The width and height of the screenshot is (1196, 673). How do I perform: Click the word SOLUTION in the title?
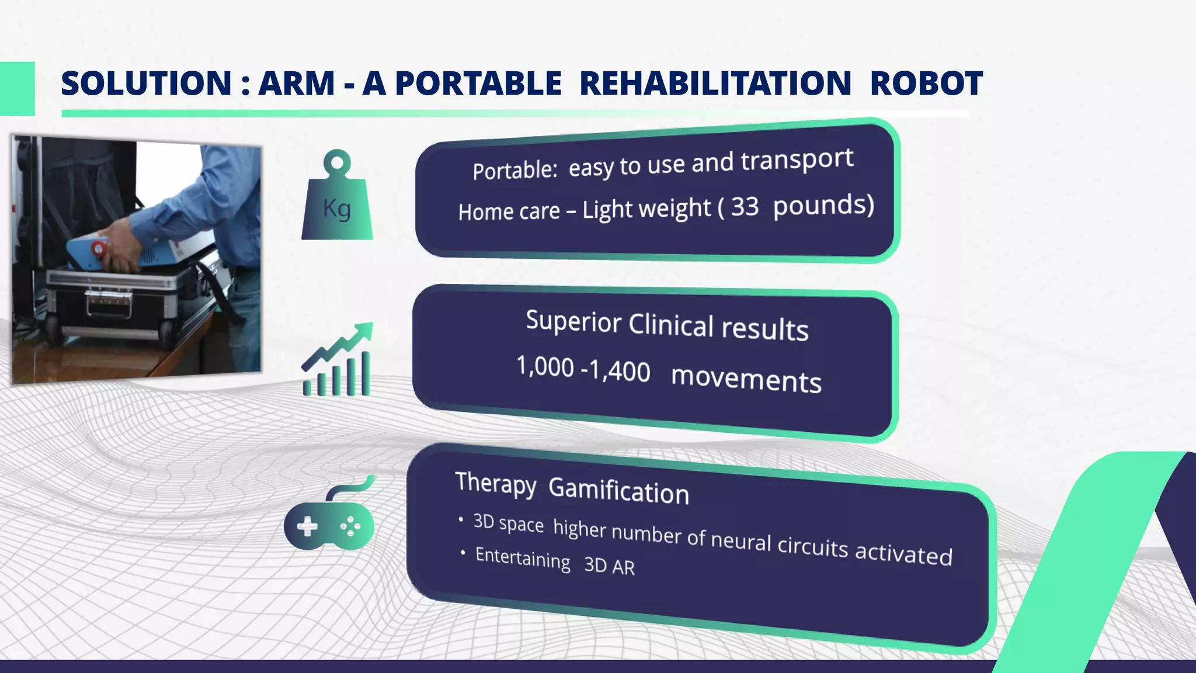[146, 84]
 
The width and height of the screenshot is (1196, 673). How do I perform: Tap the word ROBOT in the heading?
[926, 84]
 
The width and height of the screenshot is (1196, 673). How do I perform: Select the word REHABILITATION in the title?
[715, 84]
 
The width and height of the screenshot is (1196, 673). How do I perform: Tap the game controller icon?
[329, 517]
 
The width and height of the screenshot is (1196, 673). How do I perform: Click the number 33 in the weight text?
[745, 207]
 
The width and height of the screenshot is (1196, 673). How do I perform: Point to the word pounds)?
[823, 205]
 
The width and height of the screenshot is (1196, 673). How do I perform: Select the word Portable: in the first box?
[515, 171]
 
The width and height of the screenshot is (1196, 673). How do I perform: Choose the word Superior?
[573, 321]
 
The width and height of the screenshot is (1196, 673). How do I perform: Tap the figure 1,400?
[619, 371]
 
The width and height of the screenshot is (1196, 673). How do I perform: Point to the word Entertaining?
[523, 558]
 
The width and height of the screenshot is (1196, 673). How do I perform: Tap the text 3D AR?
[609, 566]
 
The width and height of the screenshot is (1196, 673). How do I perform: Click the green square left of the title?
[17, 88]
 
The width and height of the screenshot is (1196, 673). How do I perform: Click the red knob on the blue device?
[99, 249]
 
